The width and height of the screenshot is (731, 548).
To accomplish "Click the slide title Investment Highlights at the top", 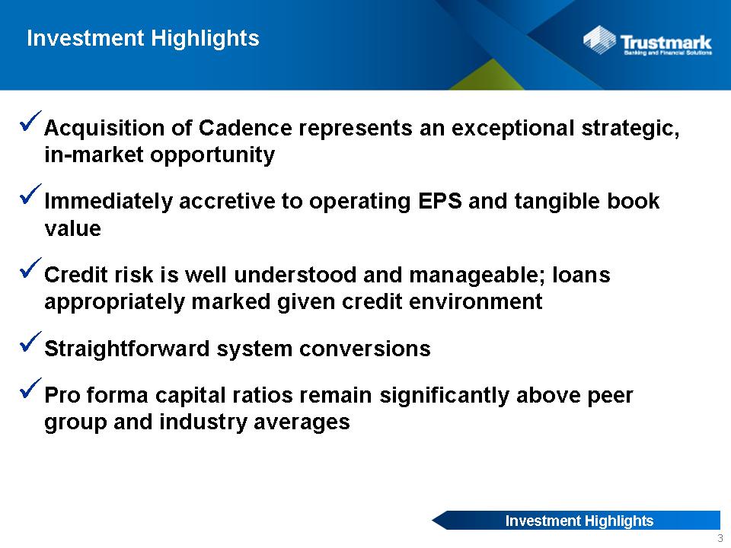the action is [143, 39].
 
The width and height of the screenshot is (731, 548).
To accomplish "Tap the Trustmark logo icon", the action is [599, 40].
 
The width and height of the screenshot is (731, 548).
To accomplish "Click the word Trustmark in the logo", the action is [666, 42].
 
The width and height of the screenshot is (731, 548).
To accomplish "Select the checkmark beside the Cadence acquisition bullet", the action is [30, 121].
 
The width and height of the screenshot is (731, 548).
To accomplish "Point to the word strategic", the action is [630, 129].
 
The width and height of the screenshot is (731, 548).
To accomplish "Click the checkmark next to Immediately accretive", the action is [30, 194].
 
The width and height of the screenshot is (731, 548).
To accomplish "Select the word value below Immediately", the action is [73, 228].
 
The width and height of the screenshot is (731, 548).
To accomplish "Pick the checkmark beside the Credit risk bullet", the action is [30, 268].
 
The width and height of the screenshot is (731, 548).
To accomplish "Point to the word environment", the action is [475, 301].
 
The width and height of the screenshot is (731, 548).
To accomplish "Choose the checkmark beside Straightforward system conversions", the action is [30, 342].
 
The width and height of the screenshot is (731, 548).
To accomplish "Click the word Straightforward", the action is [127, 349].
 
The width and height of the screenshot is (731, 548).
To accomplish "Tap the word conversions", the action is [365, 349].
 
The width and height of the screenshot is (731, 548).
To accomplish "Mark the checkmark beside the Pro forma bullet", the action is [30, 388].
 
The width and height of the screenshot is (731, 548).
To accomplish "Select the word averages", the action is [302, 422].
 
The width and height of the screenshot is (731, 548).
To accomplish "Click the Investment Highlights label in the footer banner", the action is [579, 521].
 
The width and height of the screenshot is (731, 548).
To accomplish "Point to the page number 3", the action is [720, 538].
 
